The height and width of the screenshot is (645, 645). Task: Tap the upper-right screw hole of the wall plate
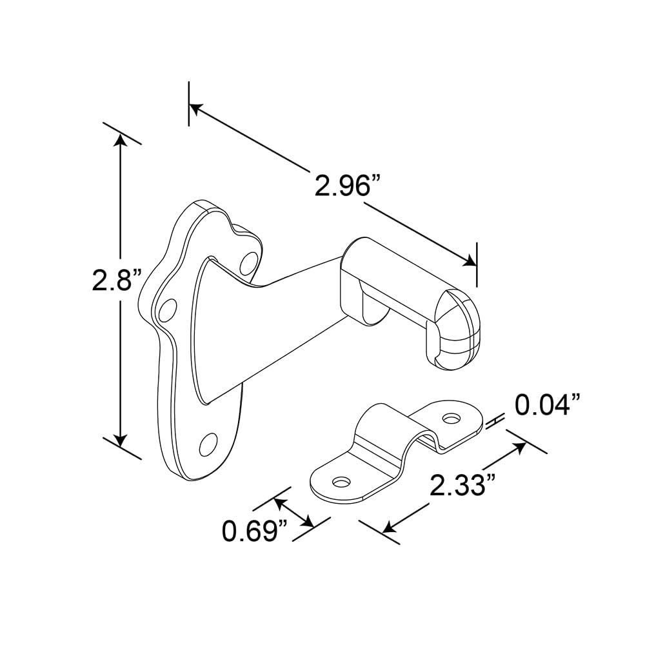point(247,263)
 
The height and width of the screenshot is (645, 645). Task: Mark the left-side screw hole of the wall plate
point(167,310)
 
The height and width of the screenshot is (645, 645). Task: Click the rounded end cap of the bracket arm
point(459,329)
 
